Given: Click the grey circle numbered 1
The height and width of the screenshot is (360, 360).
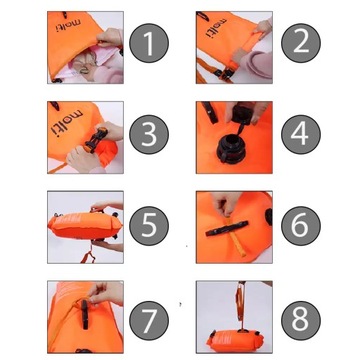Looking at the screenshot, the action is [x=149, y=43].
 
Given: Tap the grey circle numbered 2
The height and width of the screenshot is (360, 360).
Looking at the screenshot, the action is [x=301, y=43].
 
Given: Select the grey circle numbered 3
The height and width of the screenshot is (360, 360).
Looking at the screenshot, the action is [x=149, y=135].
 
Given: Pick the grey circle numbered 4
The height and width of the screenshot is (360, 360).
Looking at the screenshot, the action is [x=301, y=135].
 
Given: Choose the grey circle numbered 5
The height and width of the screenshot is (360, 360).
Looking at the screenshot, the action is [x=149, y=226].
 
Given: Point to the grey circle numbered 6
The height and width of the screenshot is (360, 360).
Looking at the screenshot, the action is [x=301, y=226].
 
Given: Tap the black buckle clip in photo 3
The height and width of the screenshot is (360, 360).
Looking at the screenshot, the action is [x=96, y=141].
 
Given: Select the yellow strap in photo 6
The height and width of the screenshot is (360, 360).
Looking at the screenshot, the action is [x=235, y=236].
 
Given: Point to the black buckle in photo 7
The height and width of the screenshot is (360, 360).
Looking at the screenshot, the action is [x=85, y=314].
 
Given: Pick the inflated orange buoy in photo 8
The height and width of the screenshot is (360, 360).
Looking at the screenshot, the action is [x=235, y=339].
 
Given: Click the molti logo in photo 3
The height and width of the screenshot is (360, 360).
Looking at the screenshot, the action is [x=67, y=123].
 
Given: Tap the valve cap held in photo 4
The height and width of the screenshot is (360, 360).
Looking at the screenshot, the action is [x=241, y=115].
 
